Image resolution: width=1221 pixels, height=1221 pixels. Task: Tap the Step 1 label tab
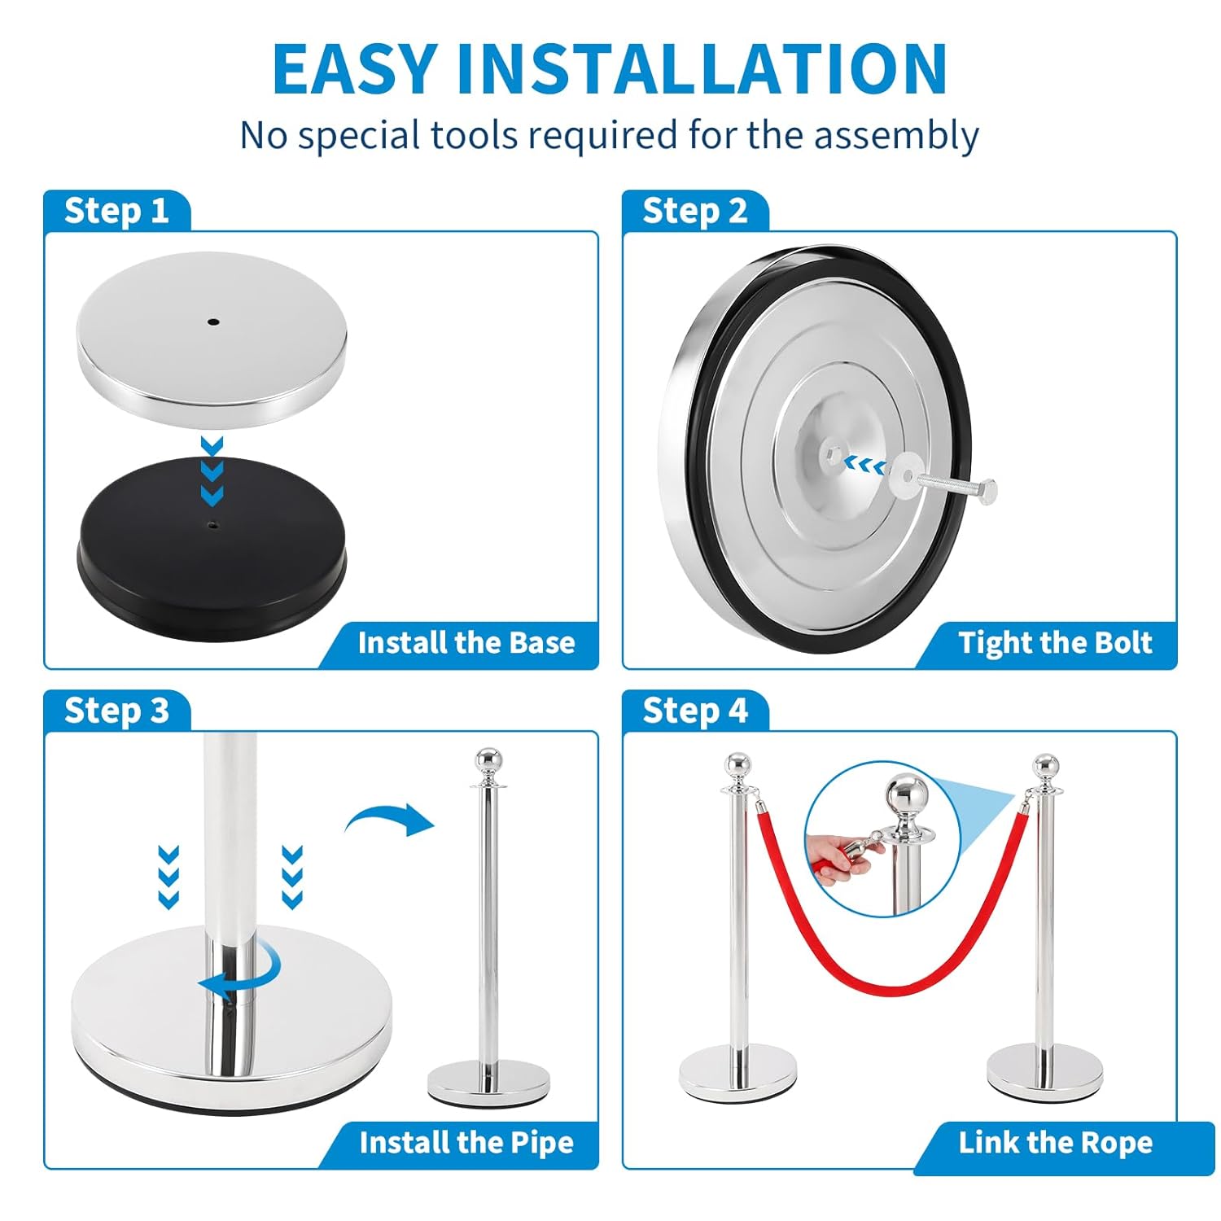point(116,211)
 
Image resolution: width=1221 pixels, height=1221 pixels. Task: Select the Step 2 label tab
point(694,211)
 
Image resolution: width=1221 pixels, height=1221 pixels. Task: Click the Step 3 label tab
point(116,711)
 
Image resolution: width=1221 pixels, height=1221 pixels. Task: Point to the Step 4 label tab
point(694,711)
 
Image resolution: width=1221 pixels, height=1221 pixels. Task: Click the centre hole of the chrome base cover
point(212,322)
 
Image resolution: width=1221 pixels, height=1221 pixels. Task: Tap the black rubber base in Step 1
point(212,549)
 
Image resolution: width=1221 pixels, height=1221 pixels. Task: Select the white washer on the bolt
point(904,470)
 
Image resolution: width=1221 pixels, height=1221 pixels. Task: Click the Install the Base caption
point(466,643)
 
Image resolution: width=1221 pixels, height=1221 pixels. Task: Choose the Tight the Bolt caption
point(1055,643)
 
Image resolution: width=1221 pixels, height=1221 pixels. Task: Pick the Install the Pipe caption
point(466,1143)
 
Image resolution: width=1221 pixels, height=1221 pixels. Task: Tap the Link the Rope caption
point(1055,1143)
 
